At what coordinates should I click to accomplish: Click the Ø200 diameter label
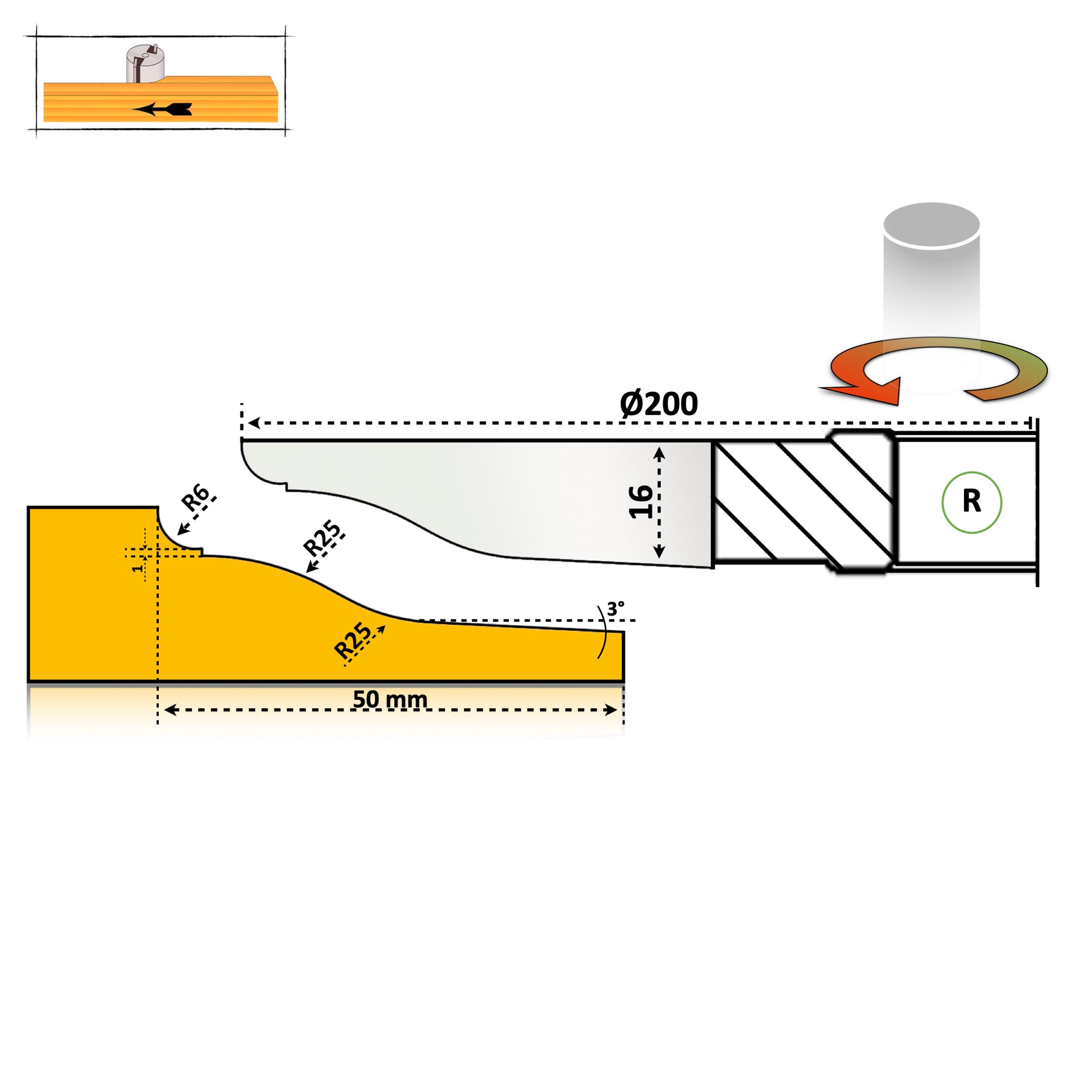pyautogui.click(x=659, y=403)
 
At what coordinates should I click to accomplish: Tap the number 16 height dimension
pyautogui.click(x=640, y=502)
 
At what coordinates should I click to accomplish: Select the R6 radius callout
pyautogui.click(x=195, y=497)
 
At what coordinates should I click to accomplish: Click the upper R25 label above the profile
pyautogui.click(x=321, y=537)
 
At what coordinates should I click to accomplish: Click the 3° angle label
pyautogui.click(x=615, y=609)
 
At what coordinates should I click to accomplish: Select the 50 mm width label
pyautogui.click(x=390, y=699)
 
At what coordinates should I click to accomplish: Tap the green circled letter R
pyautogui.click(x=972, y=502)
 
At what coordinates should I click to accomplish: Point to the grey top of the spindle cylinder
pyautogui.click(x=931, y=224)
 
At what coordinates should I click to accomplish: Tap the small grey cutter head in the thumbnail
pyautogui.click(x=145, y=64)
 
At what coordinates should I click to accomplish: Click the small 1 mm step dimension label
pyautogui.click(x=137, y=568)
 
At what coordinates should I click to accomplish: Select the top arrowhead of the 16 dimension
pyautogui.click(x=659, y=453)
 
